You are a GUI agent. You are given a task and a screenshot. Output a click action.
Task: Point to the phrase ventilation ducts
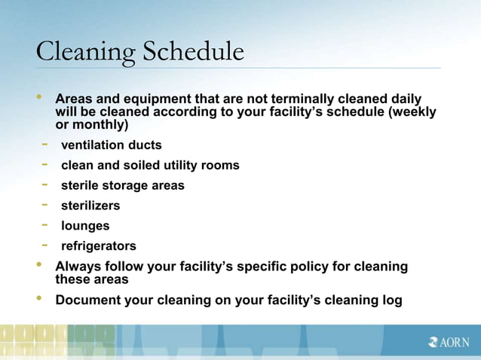click(111, 145)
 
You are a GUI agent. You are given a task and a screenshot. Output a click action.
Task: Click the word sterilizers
click(90, 206)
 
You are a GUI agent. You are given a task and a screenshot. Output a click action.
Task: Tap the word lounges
click(85, 226)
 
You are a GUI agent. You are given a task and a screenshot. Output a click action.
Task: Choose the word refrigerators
click(99, 246)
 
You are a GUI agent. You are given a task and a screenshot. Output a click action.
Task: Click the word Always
click(78, 267)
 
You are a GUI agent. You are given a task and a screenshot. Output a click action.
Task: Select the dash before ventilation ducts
click(45, 144)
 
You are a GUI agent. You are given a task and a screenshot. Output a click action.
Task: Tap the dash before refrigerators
click(45, 246)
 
